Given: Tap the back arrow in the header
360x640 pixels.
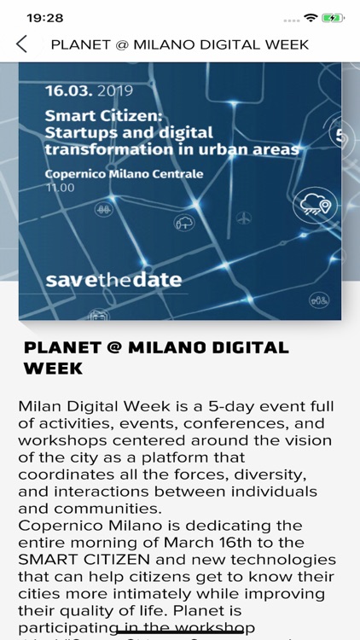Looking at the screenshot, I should [22, 44].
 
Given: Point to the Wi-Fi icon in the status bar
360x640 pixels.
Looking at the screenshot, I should [311, 17].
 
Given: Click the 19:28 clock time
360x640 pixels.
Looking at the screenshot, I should [45, 17].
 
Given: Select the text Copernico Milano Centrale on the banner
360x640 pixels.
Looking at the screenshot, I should [124, 174].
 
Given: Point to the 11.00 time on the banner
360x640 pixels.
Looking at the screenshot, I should [60, 188].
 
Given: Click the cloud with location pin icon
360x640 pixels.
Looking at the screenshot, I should [314, 204].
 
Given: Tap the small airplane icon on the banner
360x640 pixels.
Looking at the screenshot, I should [245, 218].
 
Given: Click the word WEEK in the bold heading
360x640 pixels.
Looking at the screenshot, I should [53, 369].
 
